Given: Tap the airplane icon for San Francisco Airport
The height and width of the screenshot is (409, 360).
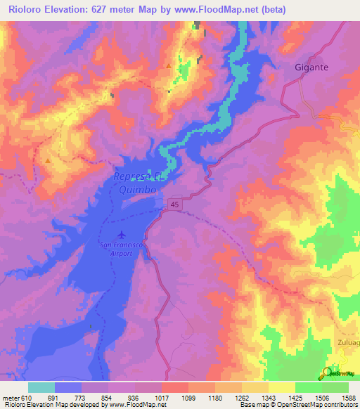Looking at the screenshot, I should [122, 233].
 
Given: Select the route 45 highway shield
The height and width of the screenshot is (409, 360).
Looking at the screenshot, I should [174, 203].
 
